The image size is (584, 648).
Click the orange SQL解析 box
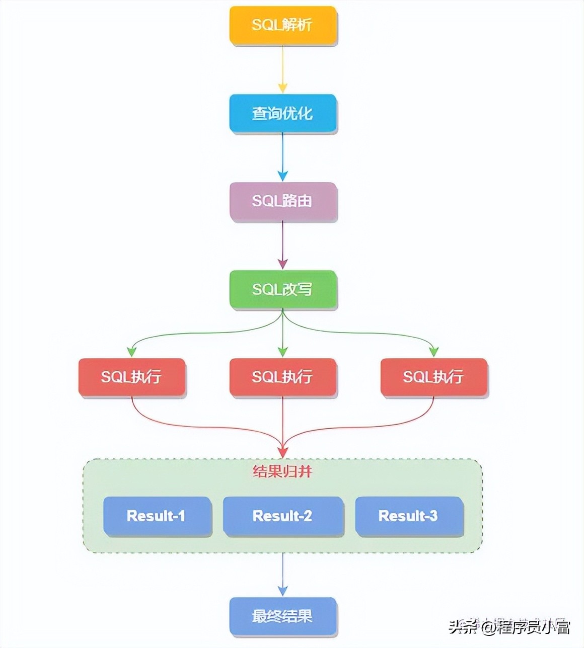pyautogui.click(x=282, y=25)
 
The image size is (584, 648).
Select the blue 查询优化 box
pyautogui.click(x=282, y=113)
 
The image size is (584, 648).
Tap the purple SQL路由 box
pyautogui.click(x=282, y=201)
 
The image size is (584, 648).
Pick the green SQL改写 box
pyautogui.click(x=282, y=289)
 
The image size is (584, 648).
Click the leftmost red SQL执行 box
pyautogui.click(x=131, y=377)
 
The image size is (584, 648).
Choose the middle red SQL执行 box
pyautogui.click(x=282, y=377)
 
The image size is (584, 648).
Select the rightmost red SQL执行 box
pyautogui.click(x=433, y=377)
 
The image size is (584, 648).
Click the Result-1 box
pyautogui.click(x=157, y=516)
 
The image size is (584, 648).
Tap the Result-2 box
pyautogui.click(x=282, y=516)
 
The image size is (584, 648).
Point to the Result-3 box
pyautogui.click(x=408, y=516)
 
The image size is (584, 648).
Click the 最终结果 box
pyautogui.click(x=282, y=616)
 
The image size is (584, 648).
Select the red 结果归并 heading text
pyautogui.click(x=282, y=472)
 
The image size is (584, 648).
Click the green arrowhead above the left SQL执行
pyautogui.click(x=131, y=351)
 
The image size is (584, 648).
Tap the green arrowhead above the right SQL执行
pyautogui.click(x=433, y=351)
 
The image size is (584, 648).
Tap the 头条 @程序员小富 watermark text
pyautogui.click(x=509, y=627)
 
